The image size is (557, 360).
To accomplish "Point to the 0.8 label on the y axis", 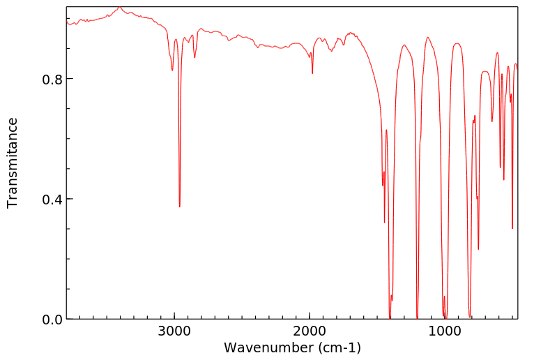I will (x=52, y=79).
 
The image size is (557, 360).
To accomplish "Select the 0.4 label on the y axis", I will (x=52, y=200).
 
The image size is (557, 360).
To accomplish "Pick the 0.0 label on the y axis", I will (x=52, y=320).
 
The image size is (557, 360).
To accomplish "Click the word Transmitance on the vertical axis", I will (x=13, y=163).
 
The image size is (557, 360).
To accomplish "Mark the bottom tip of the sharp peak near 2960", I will (x=179, y=207).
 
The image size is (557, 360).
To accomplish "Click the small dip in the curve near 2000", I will (x=312, y=73).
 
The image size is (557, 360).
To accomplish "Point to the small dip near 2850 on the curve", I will (x=194, y=57).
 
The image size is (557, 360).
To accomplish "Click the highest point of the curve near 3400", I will (x=119, y=7).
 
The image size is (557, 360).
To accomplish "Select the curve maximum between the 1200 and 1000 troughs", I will (x=427, y=38).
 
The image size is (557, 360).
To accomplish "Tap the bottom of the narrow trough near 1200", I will (x=417, y=317).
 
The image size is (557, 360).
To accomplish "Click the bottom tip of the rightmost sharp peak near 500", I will (x=512, y=228).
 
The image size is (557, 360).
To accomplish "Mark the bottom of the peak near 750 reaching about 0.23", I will (x=478, y=249).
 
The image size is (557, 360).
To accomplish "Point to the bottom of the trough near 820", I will (x=470, y=316).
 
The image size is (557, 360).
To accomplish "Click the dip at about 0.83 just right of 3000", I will (x=172, y=70).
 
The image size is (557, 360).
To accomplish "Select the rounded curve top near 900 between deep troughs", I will (x=457, y=43).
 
